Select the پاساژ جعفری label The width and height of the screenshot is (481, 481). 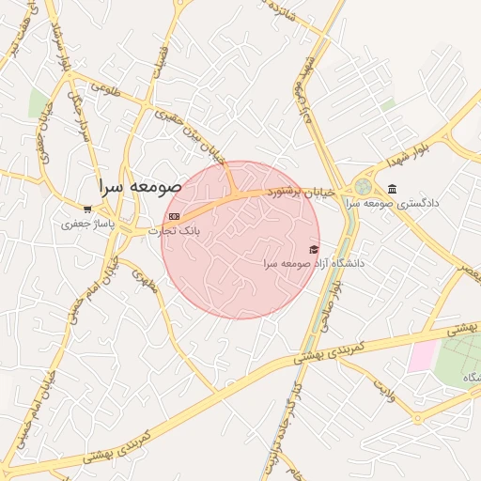86,225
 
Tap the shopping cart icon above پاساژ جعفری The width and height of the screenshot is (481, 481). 87,209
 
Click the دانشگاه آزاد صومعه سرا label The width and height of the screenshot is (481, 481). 314,264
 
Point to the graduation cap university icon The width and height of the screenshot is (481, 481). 313,249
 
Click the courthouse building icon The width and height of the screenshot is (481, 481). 392,188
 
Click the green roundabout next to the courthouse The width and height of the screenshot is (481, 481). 363,187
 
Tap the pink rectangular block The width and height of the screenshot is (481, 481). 422,355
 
